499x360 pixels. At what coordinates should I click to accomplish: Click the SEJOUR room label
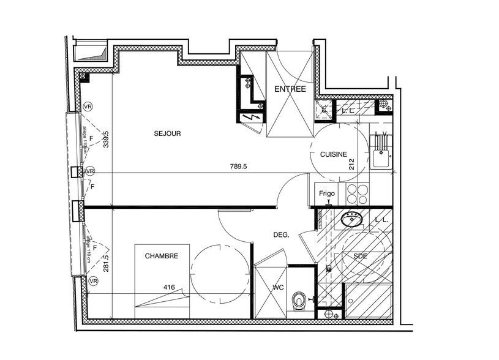[x=168, y=133]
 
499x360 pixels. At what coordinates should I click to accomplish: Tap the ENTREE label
[x=290, y=89]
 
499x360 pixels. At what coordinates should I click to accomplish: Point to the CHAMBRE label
[x=162, y=256]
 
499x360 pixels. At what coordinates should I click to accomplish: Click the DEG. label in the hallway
[x=281, y=234]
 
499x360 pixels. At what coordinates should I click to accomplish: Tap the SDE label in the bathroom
[x=360, y=257]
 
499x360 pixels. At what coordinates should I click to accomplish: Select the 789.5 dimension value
[x=238, y=166]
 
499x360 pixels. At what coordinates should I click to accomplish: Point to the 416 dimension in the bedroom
[x=168, y=286]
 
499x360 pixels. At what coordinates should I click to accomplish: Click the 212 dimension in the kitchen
[x=351, y=163]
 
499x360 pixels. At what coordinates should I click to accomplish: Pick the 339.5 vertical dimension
[x=105, y=140]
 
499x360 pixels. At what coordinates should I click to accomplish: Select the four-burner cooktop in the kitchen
[x=358, y=193]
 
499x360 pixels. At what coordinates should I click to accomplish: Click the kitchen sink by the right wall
[x=381, y=157]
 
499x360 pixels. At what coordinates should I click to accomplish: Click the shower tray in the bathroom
[x=367, y=301]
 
